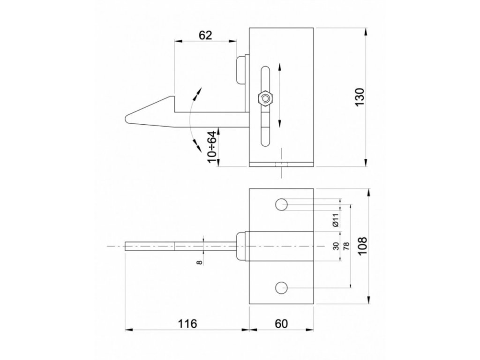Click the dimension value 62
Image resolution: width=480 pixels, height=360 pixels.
coord(205,35)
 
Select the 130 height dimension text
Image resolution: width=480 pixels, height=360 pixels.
coord(360,97)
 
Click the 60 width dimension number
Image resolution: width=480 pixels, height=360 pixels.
coord(281,323)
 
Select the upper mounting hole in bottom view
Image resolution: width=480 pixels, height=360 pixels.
coord(281,204)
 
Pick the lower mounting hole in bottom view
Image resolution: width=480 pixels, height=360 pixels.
coord(281,287)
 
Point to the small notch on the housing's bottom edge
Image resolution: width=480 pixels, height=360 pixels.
coord(281,165)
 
